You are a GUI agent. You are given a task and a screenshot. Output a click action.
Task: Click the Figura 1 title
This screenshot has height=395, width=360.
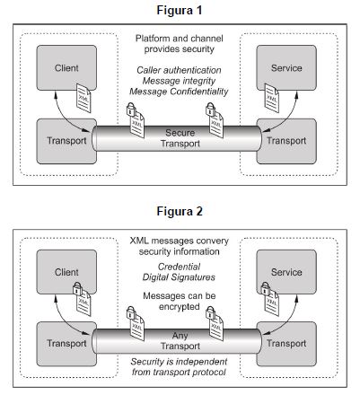pyautogui.click(x=180, y=10)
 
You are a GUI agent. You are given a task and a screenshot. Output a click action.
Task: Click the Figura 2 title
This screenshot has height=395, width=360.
pyautogui.click(x=180, y=211)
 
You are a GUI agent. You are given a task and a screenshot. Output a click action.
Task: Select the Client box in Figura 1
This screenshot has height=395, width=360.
pyautogui.click(x=66, y=67)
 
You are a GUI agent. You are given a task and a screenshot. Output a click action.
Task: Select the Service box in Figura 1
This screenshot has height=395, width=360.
pyautogui.click(x=286, y=67)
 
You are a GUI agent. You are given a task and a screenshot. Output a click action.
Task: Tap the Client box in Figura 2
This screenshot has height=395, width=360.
pyautogui.click(x=66, y=272)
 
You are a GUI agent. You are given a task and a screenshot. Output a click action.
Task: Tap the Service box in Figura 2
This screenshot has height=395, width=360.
pyautogui.click(x=286, y=272)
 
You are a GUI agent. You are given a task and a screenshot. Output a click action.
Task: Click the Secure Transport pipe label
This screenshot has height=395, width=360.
pyautogui.click(x=180, y=138)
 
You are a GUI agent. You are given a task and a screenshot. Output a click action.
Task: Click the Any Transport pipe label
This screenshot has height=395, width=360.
pyautogui.click(x=180, y=340)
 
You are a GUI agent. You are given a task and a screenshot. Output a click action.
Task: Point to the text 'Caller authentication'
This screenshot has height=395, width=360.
pyautogui.click(x=179, y=70)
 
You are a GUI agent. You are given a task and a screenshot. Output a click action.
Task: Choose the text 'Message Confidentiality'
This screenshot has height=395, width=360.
pyautogui.click(x=179, y=92)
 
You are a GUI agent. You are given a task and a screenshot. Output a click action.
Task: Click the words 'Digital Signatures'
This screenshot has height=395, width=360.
pyautogui.click(x=179, y=277)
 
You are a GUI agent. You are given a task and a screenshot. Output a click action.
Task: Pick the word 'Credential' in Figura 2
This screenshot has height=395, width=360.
pyautogui.click(x=179, y=267)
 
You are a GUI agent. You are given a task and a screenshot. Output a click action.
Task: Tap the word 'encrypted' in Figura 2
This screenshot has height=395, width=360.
pyautogui.click(x=179, y=307)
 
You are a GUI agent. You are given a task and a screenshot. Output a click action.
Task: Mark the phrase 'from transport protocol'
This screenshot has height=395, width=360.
pyautogui.click(x=179, y=372)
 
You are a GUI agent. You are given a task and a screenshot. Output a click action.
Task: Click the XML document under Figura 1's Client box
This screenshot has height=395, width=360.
pyautogui.click(x=83, y=98)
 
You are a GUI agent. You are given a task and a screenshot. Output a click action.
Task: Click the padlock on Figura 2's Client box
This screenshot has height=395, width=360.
pyautogui.click(x=77, y=288)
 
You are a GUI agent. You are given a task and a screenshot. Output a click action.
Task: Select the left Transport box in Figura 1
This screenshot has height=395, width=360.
pyautogui.click(x=66, y=141)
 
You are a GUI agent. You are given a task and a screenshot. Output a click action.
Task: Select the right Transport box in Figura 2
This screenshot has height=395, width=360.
pyautogui.click(x=286, y=344)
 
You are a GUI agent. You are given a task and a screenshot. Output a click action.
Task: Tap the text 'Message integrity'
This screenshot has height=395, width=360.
pyautogui.click(x=179, y=81)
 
